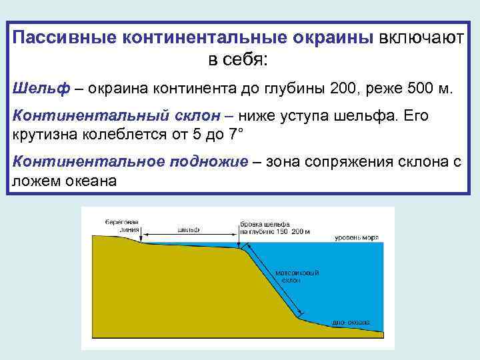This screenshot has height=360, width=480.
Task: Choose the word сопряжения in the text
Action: point(352,162)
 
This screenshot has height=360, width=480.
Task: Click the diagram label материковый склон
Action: point(291,277)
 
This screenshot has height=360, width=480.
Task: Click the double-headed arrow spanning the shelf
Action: point(189,235)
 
